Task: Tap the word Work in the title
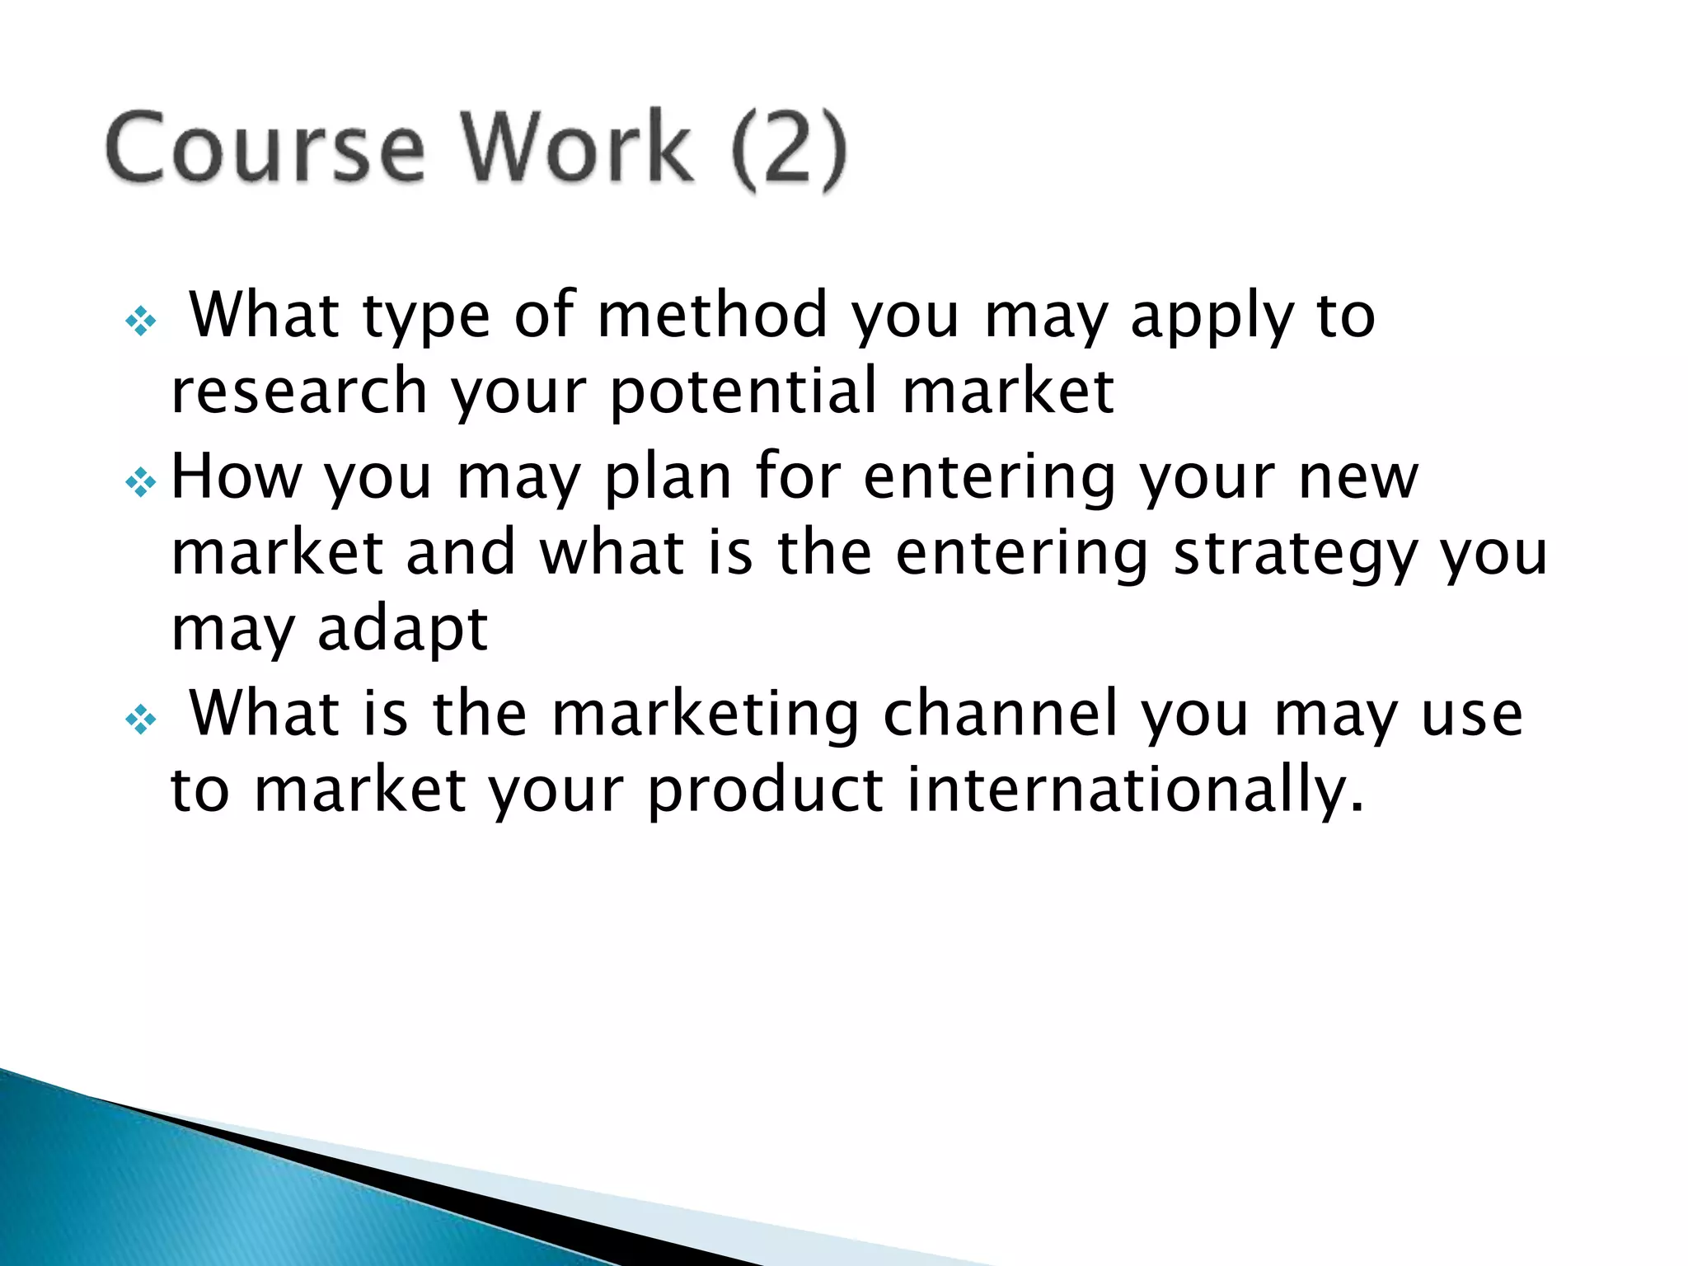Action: pyautogui.click(x=576, y=148)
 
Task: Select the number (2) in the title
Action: pyautogui.click(x=788, y=150)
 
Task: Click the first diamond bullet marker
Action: pyautogui.click(x=141, y=321)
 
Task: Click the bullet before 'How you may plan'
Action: pyautogui.click(x=141, y=482)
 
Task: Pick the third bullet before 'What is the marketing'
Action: pyautogui.click(x=141, y=720)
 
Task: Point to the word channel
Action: pyautogui.click(x=1001, y=714)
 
